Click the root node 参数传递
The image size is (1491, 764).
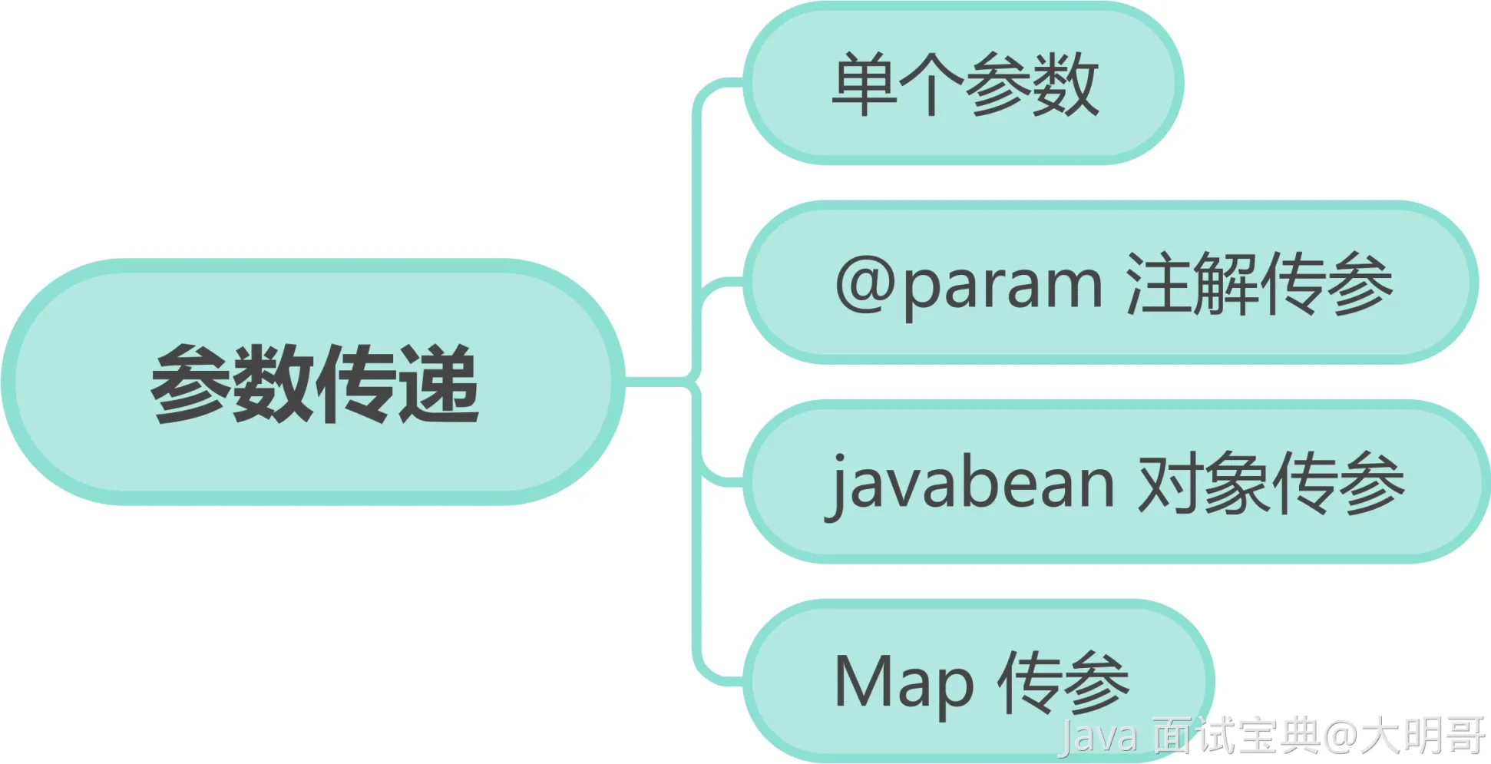coord(313,382)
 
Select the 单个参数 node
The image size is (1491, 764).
coord(964,83)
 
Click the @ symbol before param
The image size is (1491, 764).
coord(865,284)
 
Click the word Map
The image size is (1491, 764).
coord(904,683)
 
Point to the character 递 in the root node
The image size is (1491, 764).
coord(439,383)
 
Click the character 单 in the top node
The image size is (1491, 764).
coord(865,84)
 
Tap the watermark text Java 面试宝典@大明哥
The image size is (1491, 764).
coord(1271,735)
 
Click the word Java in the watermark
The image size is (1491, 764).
coord(1098,736)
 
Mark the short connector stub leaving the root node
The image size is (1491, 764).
coord(656,381)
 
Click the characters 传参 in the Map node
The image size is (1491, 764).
coord(1063,682)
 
